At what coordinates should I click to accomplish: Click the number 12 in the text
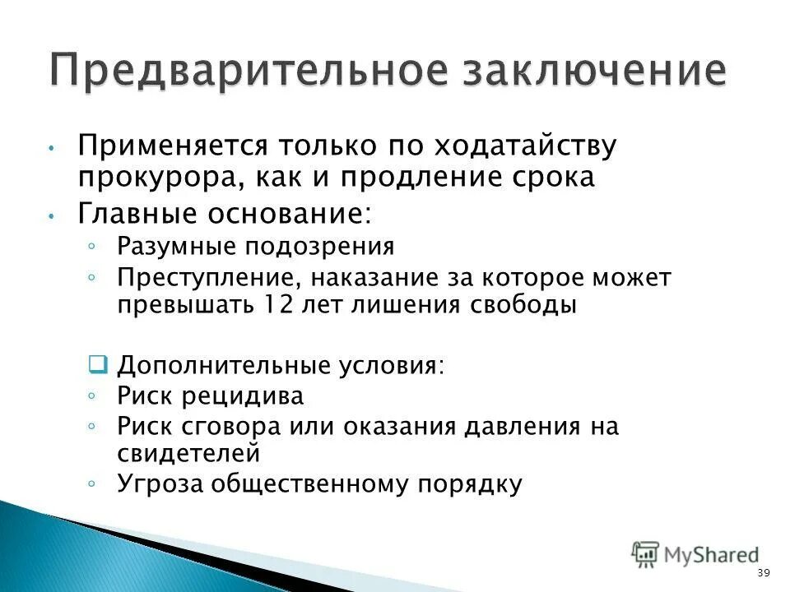280,304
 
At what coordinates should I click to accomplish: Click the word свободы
523,304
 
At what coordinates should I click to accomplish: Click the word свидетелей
188,453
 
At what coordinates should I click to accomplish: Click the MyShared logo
695,555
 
